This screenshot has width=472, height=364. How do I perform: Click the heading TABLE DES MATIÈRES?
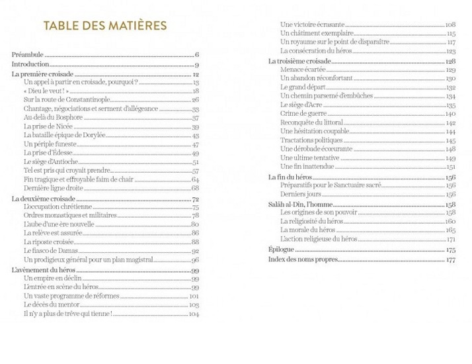[x=104, y=26]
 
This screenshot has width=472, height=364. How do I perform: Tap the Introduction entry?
[x=30, y=65]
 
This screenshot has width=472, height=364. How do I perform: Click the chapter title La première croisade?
[x=43, y=75]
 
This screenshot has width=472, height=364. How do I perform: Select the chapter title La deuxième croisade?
[x=44, y=199]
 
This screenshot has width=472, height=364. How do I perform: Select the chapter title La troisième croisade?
[x=299, y=61]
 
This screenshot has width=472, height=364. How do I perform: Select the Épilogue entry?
[x=282, y=251]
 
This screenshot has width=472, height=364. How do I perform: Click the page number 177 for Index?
[x=452, y=260]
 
